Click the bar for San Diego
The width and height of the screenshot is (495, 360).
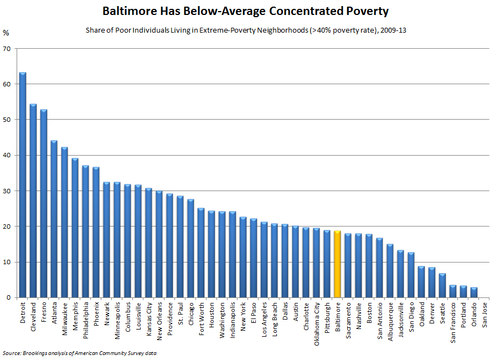tap(411, 275)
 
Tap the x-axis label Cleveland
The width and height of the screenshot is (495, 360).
tap(33, 316)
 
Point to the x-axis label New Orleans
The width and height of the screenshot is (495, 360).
tap(159, 321)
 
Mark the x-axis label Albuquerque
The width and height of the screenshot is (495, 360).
tap(390, 320)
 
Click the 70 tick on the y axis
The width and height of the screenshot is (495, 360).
tap(7, 49)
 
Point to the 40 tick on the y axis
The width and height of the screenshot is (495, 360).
tap(7, 156)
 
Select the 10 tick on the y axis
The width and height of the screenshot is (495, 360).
tap(7, 262)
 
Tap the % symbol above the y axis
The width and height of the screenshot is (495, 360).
tap(6, 33)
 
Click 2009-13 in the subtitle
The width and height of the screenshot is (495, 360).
tap(394, 30)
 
